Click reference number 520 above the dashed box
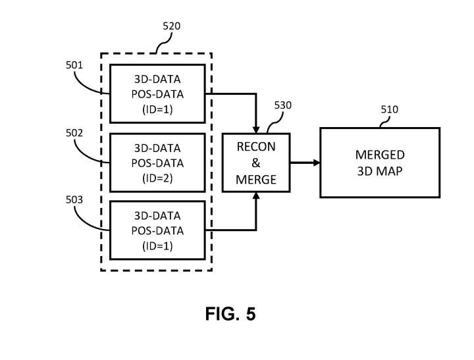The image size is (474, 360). [x=171, y=26]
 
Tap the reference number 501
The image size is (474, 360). [x=74, y=65]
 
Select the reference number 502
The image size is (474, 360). [x=74, y=133]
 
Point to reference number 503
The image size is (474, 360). [x=74, y=200]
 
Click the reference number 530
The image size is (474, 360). [x=283, y=105]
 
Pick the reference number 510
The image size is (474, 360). [x=389, y=110]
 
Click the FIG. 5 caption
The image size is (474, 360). [x=230, y=314]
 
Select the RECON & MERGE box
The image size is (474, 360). [x=256, y=163]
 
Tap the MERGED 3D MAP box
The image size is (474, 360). [x=380, y=163]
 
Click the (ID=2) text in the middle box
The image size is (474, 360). [x=157, y=178]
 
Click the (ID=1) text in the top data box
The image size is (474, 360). [x=157, y=109]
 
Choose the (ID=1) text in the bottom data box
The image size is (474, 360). [x=157, y=246]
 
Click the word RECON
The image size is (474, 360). [x=256, y=147]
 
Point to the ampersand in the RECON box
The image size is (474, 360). [x=256, y=163]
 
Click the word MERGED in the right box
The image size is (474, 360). [x=380, y=155]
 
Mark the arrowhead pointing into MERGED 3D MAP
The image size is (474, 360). [x=316, y=163]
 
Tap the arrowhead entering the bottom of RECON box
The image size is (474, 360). [x=256, y=196]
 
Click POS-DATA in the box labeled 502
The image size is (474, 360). [x=157, y=163]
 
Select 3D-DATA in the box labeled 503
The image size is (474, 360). [x=157, y=215]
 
